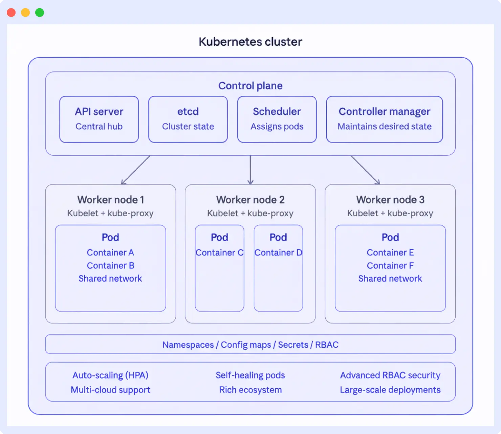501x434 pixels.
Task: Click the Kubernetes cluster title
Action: [250, 42]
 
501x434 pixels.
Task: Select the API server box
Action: [99, 119]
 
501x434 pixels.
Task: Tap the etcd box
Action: [188, 119]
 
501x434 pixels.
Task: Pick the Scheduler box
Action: [277, 119]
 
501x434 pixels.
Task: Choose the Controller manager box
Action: [384, 119]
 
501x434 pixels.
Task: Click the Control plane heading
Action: [250, 86]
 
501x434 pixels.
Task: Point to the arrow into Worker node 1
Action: [135, 170]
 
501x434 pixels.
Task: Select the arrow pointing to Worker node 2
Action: [250, 170]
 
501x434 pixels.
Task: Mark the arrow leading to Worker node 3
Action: [365, 170]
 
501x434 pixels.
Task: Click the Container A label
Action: [110, 253]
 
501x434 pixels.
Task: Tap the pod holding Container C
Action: [219, 278]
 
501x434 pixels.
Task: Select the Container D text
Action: [278, 253]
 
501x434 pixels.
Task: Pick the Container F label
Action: [390, 265]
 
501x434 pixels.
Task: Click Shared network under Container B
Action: [110, 278]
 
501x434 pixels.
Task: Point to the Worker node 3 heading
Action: [390, 200]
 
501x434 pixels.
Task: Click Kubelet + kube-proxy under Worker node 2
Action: [250, 213]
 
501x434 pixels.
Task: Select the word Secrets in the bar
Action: [293, 345]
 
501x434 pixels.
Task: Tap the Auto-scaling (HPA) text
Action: [110, 375]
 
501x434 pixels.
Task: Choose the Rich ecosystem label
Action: [250, 390]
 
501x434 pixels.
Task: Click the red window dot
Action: [11, 13]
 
